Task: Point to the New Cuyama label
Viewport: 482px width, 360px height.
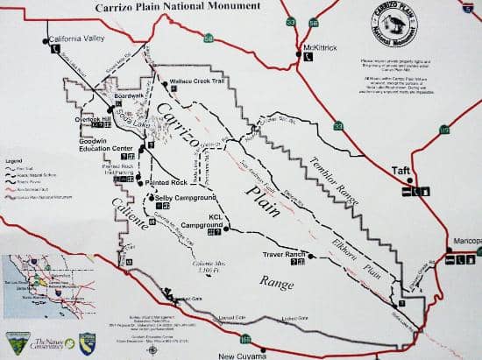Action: [241, 356]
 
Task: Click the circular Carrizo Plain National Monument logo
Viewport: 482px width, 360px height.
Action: [385, 33]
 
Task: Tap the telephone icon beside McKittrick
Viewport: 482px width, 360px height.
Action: [308, 56]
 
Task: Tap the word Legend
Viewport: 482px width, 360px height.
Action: [13, 162]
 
